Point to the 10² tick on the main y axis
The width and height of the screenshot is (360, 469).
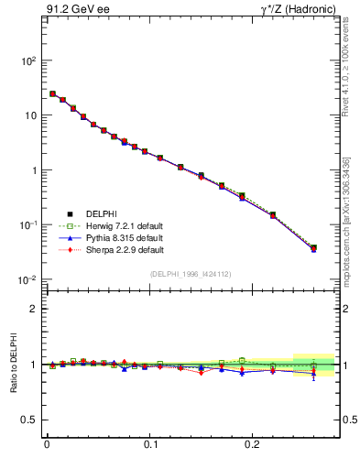pyautogui.click(x=27, y=60)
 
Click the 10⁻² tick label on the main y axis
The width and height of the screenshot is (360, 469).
pyautogui.click(x=27, y=279)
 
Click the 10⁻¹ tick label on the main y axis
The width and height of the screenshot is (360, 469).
pyautogui.click(x=27, y=224)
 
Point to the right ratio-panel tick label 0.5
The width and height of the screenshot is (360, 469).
pyautogui.click(x=350, y=420)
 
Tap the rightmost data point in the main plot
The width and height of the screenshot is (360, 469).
pyautogui.click(x=313, y=247)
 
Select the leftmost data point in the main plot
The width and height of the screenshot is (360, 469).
pyautogui.click(x=52, y=93)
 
